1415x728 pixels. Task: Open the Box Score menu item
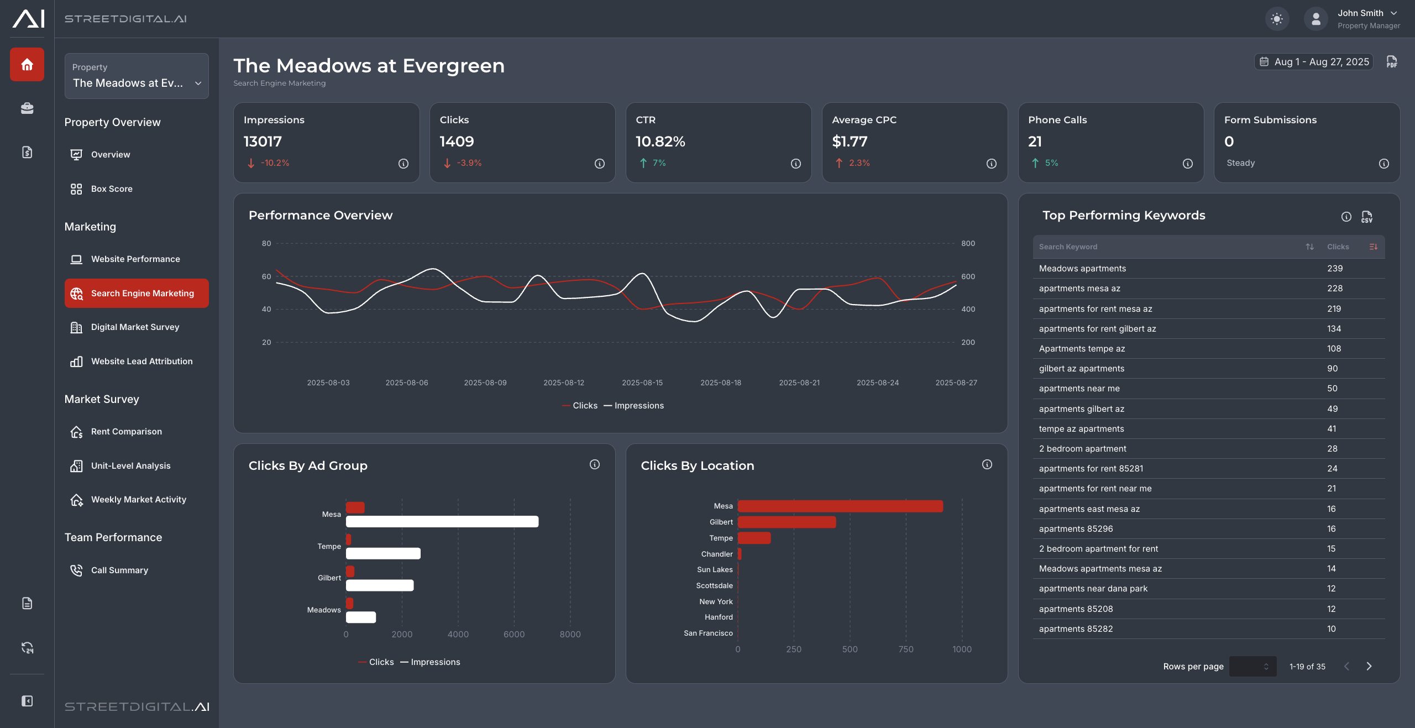(112, 189)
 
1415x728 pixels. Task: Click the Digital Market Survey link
(135, 327)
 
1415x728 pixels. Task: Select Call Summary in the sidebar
(119, 570)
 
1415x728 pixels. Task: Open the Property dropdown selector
(137, 76)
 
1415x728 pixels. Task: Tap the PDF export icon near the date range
(1392, 62)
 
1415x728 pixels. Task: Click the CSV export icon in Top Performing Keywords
(1366, 217)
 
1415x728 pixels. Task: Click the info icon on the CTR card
(795, 164)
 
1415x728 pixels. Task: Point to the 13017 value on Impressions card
(263, 142)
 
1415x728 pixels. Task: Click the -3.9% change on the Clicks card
(469, 163)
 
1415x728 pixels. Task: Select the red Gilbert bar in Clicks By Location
(787, 522)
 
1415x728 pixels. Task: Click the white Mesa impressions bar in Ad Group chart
(442, 521)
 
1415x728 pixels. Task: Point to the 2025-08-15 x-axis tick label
(642, 383)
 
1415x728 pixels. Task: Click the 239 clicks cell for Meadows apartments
(1335, 269)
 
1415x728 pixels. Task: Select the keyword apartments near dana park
(1093, 589)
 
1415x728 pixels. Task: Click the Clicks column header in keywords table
(1338, 247)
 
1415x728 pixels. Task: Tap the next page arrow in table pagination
(1369, 667)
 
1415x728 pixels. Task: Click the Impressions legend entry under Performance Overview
(638, 406)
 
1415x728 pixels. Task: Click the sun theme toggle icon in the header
(1277, 19)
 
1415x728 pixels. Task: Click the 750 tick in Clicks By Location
(905, 650)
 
